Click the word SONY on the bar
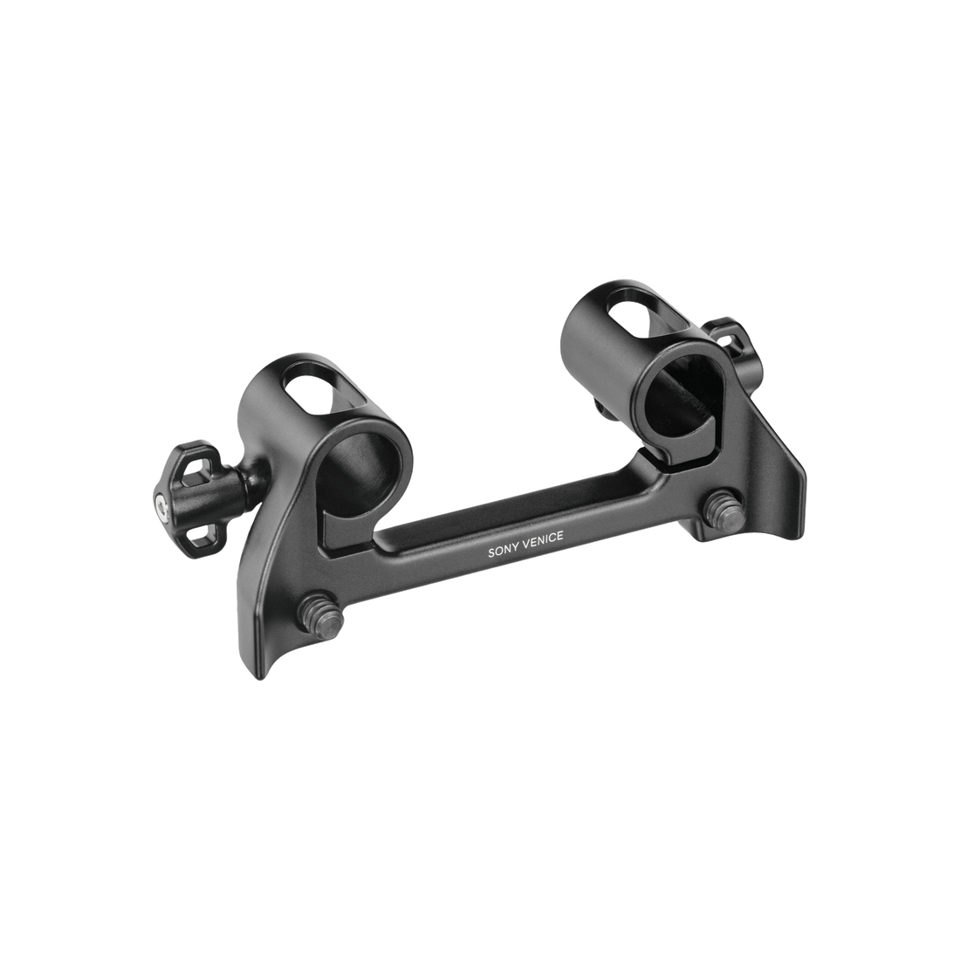[502, 551]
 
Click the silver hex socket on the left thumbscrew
[161, 505]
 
